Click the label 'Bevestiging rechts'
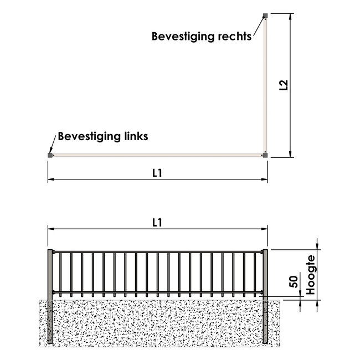pyautogui.click(x=201, y=37)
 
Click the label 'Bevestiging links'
pyautogui.click(x=103, y=136)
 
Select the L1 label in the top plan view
pyautogui.click(x=157, y=173)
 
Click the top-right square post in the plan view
pyautogui.click(x=265, y=16)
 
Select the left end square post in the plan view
pyautogui.click(x=50, y=155)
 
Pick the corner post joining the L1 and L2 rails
pyautogui.click(x=265, y=155)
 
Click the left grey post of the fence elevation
pyautogui.click(x=50, y=296)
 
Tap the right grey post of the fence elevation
pyautogui.click(x=265, y=296)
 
